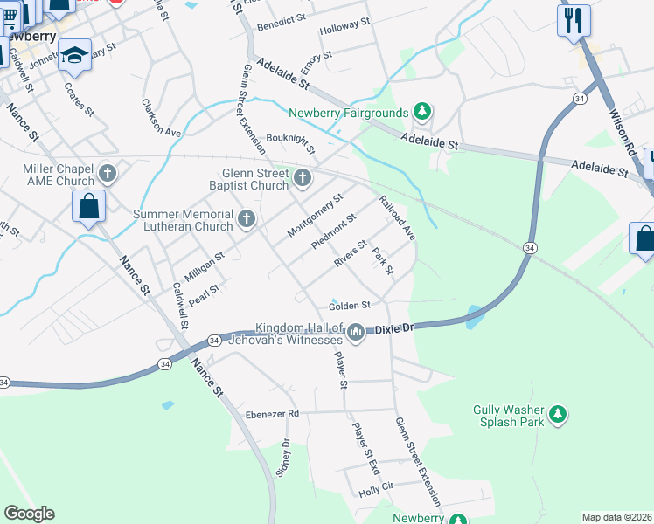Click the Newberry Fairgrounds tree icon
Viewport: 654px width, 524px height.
[x=422, y=111]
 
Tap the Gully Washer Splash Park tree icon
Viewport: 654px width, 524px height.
[x=558, y=415]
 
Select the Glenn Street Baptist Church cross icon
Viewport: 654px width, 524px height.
[x=303, y=178]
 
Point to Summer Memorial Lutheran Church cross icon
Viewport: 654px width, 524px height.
[x=247, y=219]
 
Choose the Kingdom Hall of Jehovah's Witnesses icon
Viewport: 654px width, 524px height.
[x=356, y=332]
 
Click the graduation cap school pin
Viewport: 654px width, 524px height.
[x=76, y=56]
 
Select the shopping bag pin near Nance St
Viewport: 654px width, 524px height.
[x=89, y=207]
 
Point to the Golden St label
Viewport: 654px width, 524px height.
[x=350, y=306]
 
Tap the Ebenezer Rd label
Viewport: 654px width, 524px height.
[x=272, y=413]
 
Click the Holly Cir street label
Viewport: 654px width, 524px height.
[x=377, y=486]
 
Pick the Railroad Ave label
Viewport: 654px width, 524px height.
[x=397, y=217]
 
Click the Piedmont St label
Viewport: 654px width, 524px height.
[x=334, y=231]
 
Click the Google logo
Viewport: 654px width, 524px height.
[x=29, y=514]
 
